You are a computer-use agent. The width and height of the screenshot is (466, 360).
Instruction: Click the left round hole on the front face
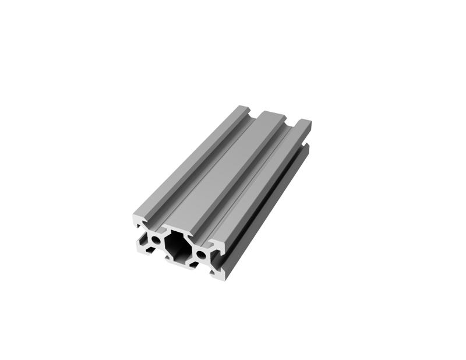pyautogui.click(x=156, y=239)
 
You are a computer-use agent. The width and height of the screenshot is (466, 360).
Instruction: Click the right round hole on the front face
pyautogui.click(x=201, y=255)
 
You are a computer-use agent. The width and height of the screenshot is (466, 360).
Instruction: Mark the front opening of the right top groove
pyautogui.click(x=201, y=239)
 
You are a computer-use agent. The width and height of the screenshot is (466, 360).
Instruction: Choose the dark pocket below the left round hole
pyautogui.click(x=150, y=249)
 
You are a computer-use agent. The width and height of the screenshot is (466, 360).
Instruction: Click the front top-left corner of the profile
pyautogui.click(x=135, y=215)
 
